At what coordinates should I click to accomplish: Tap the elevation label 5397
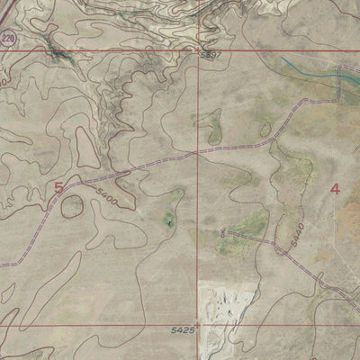pyautogui.click(x=211, y=56)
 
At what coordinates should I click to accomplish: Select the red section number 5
pyautogui.click(x=59, y=187)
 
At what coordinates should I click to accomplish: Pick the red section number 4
pyautogui.click(x=336, y=188)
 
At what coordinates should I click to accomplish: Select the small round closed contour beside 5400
pyautogui.click(x=72, y=206)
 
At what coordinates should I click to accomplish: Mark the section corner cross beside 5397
pyautogui.click(x=199, y=50)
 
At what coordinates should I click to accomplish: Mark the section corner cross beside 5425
pyautogui.click(x=198, y=324)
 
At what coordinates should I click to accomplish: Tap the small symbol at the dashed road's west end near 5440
pyautogui.click(x=220, y=233)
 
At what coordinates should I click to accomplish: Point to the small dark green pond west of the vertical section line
pyautogui.click(x=168, y=219)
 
